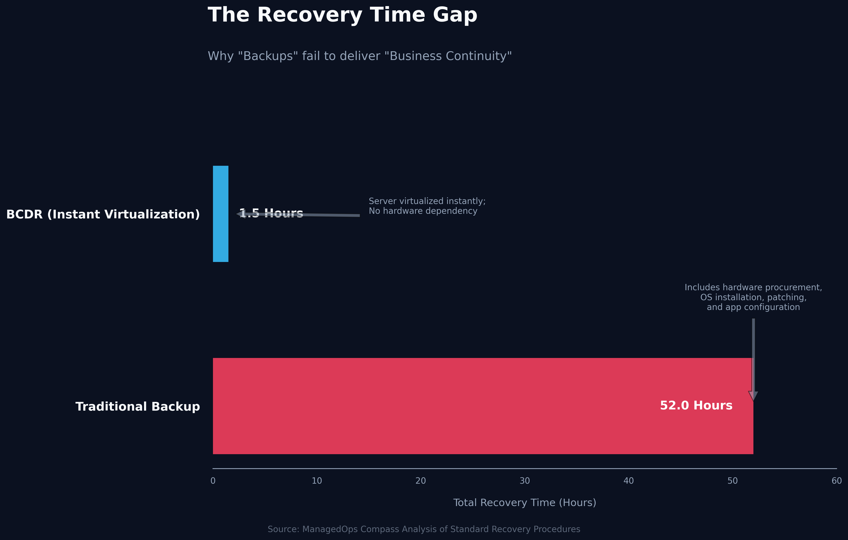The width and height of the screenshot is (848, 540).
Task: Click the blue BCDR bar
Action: pos(220,214)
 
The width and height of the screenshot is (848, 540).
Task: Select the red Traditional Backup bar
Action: pos(458,406)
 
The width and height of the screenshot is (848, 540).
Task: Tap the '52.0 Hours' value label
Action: pos(696,406)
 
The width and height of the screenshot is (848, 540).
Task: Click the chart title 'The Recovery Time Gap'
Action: pos(342,15)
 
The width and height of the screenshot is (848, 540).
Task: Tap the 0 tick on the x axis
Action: pos(213,481)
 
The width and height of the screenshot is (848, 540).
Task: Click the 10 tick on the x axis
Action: pos(316,481)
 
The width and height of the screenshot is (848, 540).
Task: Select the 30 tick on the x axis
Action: pos(525,481)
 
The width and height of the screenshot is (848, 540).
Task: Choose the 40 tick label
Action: pos(629,481)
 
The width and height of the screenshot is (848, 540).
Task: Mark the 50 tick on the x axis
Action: pos(732,481)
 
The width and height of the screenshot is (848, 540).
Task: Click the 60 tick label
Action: pos(836,481)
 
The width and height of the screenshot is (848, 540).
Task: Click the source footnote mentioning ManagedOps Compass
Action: pos(424,529)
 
